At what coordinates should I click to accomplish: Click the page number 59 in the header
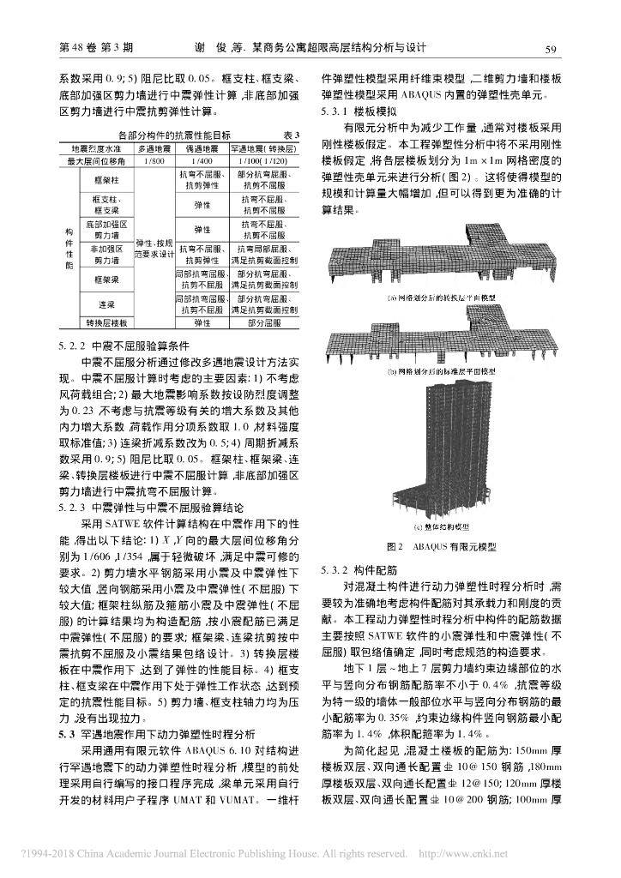[x=552, y=49]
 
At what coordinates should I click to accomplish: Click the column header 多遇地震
[x=155, y=148]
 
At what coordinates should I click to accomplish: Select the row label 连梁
[x=107, y=304]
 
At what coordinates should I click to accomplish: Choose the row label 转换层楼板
[x=107, y=322]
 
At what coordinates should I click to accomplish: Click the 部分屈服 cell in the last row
[x=263, y=322]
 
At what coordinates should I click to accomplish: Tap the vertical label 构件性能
[x=69, y=249]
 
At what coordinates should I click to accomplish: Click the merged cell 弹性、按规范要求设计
[x=155, y=249]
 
